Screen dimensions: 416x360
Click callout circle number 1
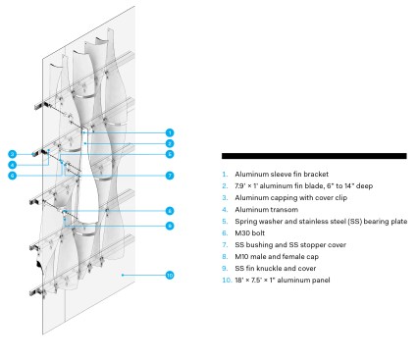coord(170,132)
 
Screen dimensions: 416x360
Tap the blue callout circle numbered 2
coord(170,143)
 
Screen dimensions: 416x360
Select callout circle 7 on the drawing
coord(170,176)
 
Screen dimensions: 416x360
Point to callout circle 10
coord(170,276)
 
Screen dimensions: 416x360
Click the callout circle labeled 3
coord(13,154)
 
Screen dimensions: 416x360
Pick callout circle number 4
coord(13,165)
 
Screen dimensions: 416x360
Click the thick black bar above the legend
coord(314,156)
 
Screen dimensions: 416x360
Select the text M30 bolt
coord(249,233)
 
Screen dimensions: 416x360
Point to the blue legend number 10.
coord(227,281)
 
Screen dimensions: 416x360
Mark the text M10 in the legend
coord(241,257)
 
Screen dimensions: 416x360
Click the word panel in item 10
coord(321,281)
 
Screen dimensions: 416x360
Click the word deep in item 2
coord(364,186)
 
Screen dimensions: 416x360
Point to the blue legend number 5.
coord(225,222)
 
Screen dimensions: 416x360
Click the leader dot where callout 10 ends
coord(123,276)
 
